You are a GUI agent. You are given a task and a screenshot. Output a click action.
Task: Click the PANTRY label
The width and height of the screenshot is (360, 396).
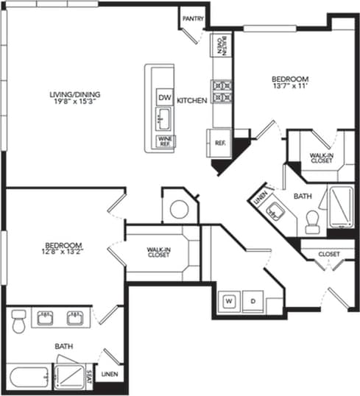193,18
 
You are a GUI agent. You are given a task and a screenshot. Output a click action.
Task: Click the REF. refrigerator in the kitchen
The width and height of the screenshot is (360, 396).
219,142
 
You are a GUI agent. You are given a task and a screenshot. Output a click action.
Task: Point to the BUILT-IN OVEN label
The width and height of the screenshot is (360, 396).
220,49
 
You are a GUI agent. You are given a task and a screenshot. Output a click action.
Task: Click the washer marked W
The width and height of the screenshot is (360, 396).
228,301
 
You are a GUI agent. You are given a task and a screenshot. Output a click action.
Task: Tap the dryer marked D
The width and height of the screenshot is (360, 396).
253,301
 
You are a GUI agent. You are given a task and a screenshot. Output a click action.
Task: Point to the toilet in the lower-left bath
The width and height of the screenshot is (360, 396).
19,321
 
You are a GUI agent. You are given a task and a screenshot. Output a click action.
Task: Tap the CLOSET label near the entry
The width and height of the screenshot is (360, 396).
328,254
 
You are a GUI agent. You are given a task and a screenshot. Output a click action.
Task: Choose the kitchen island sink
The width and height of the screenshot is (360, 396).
163,118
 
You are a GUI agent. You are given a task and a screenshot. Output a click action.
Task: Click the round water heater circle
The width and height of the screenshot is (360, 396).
179,209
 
